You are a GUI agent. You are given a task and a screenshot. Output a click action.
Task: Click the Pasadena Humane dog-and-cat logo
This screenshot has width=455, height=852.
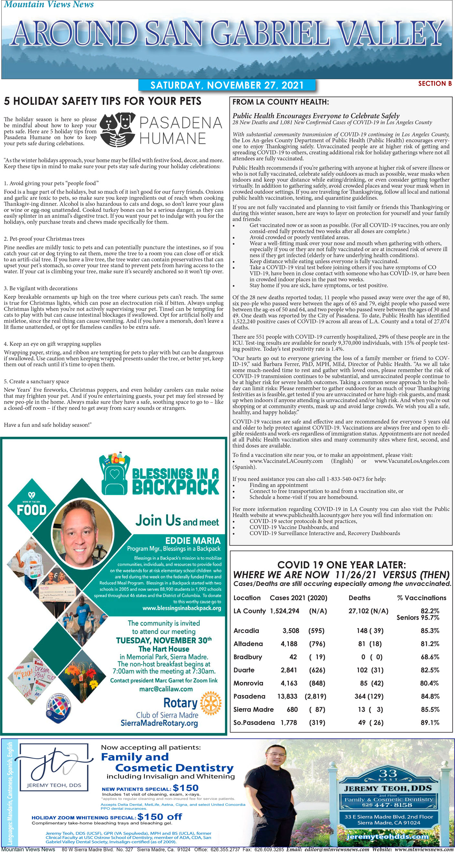(117, 130)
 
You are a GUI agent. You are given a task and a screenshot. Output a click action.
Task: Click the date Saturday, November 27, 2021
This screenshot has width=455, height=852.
(227, 85)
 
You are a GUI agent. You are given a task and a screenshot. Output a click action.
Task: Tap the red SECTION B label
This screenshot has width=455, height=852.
(435, 84)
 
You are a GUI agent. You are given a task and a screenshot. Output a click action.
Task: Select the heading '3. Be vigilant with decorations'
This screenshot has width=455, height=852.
(41, 288)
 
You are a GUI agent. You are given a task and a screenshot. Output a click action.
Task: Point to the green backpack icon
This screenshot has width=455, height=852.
(114, 473)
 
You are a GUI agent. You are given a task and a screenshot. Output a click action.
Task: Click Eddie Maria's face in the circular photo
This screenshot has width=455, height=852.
(83, 533)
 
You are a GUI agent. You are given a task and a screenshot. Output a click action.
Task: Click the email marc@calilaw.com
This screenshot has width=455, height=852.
(166, 688)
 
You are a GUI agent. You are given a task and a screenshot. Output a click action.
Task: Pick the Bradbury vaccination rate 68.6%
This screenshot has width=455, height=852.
(429, 657)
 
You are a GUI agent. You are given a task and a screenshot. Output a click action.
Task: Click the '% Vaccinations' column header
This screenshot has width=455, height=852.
(421, 598)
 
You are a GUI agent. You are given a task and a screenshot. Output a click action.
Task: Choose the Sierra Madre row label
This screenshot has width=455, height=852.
(253, 709)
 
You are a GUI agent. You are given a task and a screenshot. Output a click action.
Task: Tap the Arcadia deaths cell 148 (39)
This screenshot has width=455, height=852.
(370, 631)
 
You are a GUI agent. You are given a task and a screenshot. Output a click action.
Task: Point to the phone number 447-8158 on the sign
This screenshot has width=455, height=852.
(394, 805)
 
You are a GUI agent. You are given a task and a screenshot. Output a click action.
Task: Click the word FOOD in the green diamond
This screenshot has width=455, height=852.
(32, 510)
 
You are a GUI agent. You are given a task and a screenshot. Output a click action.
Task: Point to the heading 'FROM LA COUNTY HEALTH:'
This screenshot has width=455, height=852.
(280, 102)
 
